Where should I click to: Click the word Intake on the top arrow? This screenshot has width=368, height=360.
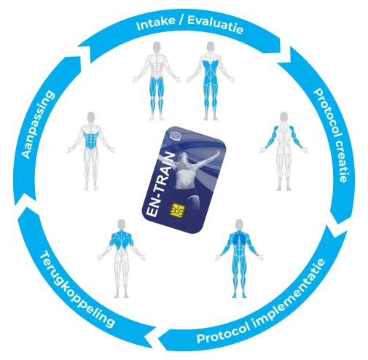click(155, 23)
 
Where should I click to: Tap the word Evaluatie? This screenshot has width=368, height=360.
click(216, 25)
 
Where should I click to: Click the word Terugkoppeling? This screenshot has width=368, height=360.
click(75, 290)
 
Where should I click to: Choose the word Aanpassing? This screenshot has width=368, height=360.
click(37, 125)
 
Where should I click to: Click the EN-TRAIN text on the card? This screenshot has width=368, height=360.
click(160, 184)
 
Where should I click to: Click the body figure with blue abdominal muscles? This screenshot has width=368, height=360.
click(90, 151)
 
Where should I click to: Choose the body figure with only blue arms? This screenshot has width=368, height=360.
click(283, 151)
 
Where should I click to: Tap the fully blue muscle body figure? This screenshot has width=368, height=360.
click(239, 259)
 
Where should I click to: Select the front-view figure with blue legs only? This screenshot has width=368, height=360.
click(157, 81)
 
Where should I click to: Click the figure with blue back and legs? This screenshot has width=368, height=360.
click(211, 81)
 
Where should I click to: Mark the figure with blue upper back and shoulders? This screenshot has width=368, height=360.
click(122, 259)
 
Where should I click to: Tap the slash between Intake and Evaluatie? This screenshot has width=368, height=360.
click(181, 20)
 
